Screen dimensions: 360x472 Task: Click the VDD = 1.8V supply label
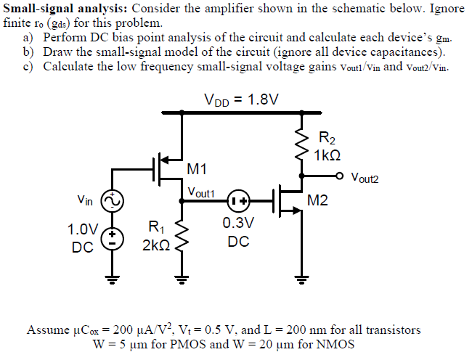tap(242, 99)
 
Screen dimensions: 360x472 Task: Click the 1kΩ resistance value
tap(327, 155)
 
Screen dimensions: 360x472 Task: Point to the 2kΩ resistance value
tap(156, 246)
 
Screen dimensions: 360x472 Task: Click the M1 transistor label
tap(197, 169)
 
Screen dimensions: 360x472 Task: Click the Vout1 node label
tap(201, 192)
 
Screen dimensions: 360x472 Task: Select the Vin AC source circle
tap(113, 200)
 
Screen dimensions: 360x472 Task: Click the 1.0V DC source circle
tap(113, 238)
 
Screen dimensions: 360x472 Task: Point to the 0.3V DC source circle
tap(238, 200)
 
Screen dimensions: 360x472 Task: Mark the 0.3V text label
tap(238, 222)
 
